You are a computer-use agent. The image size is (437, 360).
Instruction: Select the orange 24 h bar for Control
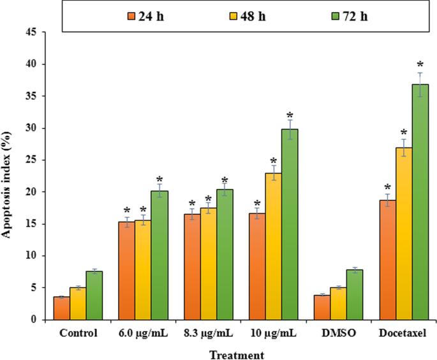tap(62, 308)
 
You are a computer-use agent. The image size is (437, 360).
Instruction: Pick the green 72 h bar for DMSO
tap(355, 294)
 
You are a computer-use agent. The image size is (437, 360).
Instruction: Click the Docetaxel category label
tap(403, 334)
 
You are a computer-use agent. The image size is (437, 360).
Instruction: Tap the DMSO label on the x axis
tap(339, 334)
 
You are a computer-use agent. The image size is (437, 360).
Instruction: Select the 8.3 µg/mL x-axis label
tap(209, 334)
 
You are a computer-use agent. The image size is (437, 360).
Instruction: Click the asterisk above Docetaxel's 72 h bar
tap(420, 65)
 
